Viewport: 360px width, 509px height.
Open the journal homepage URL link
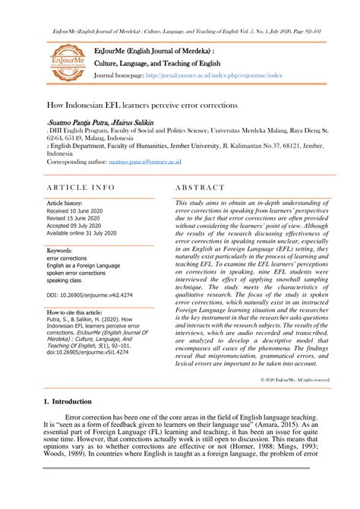click(215, 77)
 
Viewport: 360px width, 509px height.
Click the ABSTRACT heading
click(198, 185)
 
